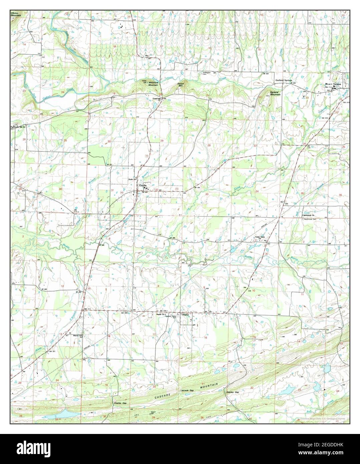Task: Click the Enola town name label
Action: (143, 185)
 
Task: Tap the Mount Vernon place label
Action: (333, 84)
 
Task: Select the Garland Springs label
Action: (283, 80)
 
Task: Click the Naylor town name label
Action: (186, 314)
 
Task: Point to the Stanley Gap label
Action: (232, 392)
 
